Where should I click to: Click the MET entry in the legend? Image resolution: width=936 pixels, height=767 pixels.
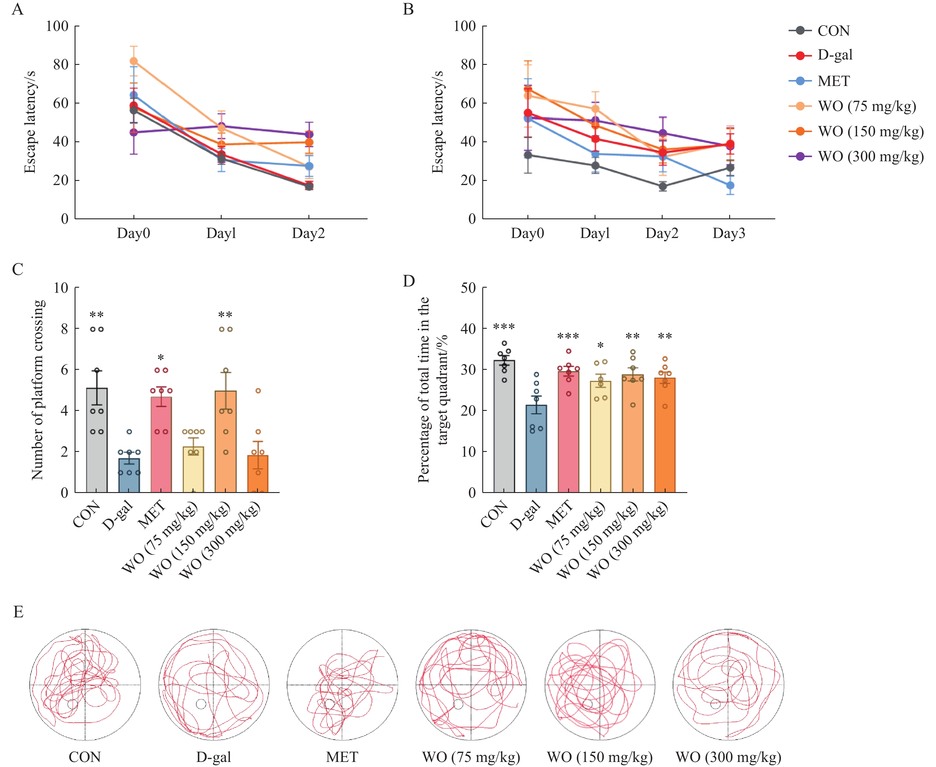[x=833, y=81]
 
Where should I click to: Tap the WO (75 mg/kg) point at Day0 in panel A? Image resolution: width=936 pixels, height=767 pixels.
[x=134, y=61]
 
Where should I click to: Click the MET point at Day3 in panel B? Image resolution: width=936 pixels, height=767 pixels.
[x=730, y=186]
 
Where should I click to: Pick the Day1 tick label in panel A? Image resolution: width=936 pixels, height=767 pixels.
[x=221, y=233]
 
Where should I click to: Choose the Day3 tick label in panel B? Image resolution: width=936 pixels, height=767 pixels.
[x=729, y=233]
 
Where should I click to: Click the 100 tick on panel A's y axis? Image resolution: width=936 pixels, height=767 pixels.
[x=57, y=26]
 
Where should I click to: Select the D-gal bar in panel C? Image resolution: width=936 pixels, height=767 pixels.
[x=129, y=475]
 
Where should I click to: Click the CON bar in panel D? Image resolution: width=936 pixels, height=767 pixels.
[x=504, y=426]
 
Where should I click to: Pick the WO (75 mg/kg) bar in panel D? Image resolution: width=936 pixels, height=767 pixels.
[x=600, y=436]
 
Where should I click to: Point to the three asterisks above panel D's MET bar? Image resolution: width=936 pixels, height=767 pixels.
[x=568, y=337]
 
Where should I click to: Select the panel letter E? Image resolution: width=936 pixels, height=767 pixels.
[x=18, y=612]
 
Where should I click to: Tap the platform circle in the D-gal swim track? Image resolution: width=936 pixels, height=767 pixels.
[x=201, y=704]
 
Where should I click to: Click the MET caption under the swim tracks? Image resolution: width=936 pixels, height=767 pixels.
[x=342, y=757]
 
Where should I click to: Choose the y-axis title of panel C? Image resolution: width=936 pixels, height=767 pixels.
[x=38, y=390]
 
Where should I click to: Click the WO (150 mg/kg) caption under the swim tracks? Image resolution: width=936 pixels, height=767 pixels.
[x=599, y=757]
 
